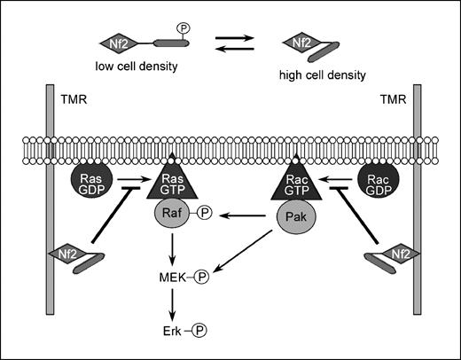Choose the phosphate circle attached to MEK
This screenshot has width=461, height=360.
(x=200, y=277)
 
